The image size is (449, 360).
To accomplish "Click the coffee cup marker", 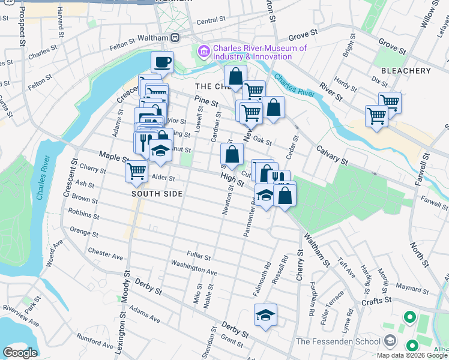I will coord(163,61).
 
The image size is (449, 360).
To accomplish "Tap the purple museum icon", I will coord(204,52).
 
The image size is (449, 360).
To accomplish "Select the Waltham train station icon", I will coord(175,38).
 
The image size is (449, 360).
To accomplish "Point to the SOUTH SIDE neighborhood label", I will coord(157,194).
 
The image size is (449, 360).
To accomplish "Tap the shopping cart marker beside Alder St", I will coord(137,171).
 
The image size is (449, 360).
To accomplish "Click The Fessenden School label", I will coord(340,341).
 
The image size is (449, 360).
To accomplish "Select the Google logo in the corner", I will coord(20,353).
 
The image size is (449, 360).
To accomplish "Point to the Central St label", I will coord(210,21).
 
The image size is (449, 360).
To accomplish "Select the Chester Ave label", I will coord(105,254).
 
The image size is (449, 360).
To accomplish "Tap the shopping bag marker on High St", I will coord(232,154).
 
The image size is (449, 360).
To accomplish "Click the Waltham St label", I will coord(317,251).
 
